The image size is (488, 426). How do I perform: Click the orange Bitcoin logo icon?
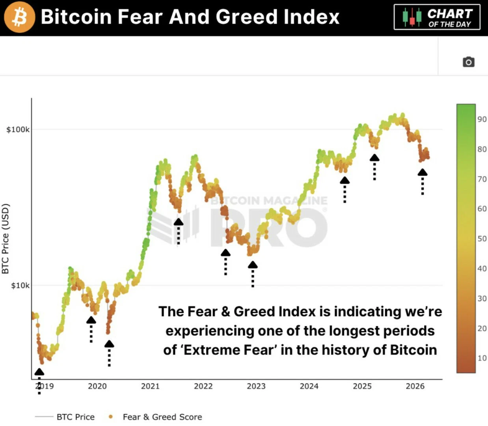point(19,17)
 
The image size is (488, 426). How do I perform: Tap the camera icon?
point(468,62)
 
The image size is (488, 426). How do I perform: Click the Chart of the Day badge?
point(437,17)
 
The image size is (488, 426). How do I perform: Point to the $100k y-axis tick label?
point(18,129)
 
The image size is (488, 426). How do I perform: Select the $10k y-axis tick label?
point(20,285)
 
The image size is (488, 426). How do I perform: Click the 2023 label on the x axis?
point(256,386)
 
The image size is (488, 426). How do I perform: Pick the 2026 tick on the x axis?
point(415,386)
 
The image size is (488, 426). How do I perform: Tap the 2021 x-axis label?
point(150,386)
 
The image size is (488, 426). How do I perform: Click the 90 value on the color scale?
point(482,119)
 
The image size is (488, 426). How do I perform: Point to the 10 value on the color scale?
point(482,358)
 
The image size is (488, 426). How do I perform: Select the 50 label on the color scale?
point(482,239)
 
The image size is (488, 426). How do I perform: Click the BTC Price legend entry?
point(75,417)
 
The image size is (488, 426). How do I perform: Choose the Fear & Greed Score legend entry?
point(162,417)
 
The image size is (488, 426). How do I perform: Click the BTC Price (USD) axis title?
point(5,239)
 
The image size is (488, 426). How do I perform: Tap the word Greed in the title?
point(241,17)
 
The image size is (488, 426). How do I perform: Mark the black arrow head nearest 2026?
point(422,172)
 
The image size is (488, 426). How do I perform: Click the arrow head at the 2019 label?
point(39,372)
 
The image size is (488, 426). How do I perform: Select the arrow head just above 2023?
point(253,265)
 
